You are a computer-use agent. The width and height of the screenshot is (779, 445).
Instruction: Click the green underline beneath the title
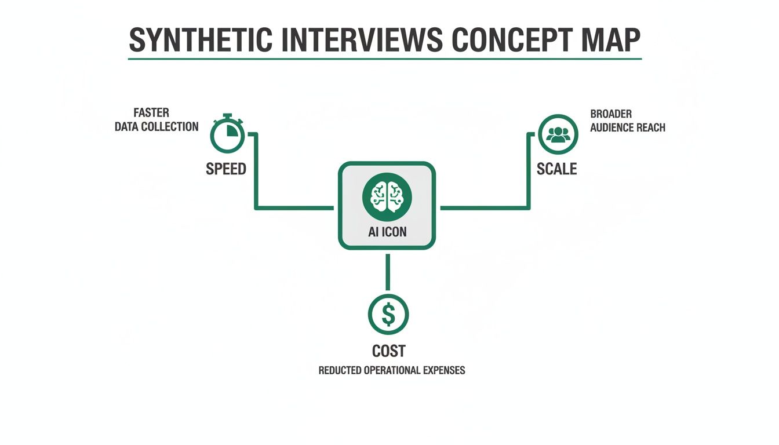[385, 59]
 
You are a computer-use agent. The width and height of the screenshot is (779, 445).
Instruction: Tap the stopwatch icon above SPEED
[227, 134]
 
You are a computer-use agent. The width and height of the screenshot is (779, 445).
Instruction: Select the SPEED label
[226, 169]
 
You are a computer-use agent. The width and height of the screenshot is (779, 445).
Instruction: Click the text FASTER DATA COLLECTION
[156, 120]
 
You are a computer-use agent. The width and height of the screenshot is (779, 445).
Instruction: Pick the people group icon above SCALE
[558, 134]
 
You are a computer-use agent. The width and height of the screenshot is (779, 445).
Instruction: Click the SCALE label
[556, 169]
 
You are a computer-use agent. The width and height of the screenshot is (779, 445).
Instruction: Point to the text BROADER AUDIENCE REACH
[627, 121]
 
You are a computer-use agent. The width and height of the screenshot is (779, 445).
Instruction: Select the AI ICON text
[387, 232]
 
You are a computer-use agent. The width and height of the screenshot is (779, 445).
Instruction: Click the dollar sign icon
[388, 315]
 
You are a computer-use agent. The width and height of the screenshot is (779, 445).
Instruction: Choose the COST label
[388, 351]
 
